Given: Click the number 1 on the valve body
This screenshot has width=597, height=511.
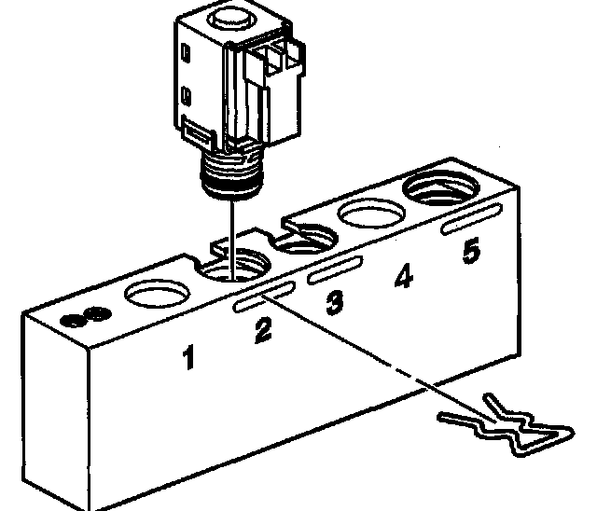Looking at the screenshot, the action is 189,357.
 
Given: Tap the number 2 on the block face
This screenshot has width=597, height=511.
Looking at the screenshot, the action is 264,329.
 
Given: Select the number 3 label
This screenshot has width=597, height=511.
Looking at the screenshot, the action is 334,302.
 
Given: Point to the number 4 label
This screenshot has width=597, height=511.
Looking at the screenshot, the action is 403,277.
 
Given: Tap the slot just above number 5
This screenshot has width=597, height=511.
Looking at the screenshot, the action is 470,224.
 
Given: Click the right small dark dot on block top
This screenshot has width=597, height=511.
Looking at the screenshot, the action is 90,314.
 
